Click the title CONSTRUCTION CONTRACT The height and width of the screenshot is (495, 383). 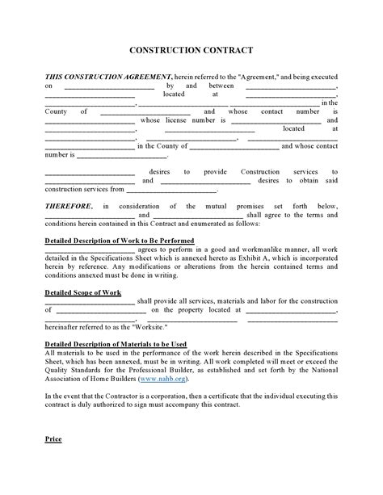coord(191,51)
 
